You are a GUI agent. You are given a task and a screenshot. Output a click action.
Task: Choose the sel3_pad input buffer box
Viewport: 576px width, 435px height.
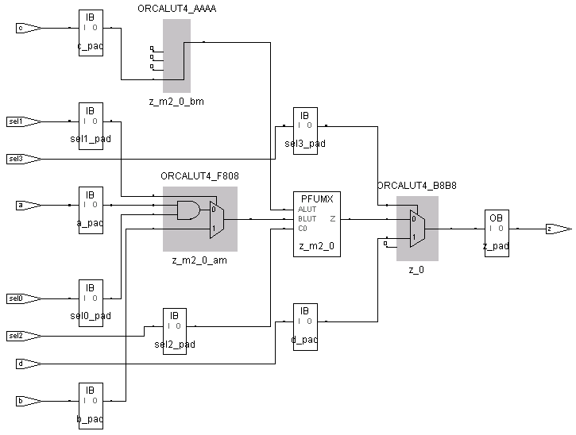304,130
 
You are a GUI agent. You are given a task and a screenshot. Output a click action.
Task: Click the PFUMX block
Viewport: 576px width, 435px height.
316,223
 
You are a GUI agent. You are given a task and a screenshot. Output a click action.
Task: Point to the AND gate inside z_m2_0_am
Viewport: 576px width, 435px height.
187,210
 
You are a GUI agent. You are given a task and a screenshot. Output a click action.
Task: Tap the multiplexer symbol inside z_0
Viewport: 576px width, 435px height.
416,229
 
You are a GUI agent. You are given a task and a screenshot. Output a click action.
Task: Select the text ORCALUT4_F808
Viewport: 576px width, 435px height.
199,176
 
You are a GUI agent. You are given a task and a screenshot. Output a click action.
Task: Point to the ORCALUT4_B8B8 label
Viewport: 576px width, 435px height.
416,186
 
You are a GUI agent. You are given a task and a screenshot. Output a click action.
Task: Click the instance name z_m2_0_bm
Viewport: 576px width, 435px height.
176,101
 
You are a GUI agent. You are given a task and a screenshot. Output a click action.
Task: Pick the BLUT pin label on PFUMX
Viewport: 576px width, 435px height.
307,218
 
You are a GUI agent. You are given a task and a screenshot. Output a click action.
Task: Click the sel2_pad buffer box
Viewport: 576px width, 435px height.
175,330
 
